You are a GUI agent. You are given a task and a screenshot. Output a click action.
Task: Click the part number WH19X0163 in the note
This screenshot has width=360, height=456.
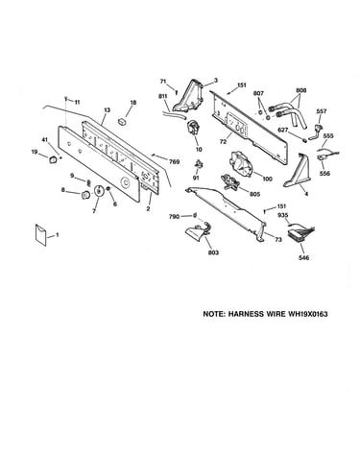click(308, 314)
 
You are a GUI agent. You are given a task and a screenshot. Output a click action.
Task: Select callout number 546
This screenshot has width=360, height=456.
click(303, 257)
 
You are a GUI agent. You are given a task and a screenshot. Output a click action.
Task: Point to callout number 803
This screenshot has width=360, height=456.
click(213, 252)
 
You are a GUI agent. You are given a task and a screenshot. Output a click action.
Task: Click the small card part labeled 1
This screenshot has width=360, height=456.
click(40, 234)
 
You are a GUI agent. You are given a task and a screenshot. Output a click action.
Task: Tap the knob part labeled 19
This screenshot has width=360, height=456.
click(53, 159)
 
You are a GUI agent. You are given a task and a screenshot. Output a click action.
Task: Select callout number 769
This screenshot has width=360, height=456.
click(174, 161)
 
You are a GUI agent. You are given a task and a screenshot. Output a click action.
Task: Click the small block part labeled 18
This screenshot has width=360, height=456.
click(123, 122)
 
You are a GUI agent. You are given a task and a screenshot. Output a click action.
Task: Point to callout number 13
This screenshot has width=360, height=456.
click(107, 110)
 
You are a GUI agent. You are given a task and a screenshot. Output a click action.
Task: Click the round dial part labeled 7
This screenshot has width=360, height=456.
click(98, 190)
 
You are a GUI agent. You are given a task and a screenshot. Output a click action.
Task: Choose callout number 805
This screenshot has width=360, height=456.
click(254, 194)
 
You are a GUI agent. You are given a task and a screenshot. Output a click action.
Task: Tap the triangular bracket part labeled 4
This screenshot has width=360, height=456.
click(298, 171)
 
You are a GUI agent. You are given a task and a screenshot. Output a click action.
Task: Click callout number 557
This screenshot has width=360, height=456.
click(321, 111)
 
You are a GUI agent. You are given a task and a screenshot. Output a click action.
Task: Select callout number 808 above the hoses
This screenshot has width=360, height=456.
click(300, 90)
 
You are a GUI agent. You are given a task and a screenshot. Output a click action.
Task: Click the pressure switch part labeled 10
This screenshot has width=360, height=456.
click(194, 129)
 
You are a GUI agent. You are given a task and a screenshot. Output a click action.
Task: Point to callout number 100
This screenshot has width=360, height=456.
click(267, 179)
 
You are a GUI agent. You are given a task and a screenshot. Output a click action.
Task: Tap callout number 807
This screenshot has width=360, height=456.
click(258, 93)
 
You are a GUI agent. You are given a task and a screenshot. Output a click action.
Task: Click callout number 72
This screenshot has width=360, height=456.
click(223, 141)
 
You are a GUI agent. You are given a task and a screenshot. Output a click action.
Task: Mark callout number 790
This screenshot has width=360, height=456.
click(174, 217)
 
